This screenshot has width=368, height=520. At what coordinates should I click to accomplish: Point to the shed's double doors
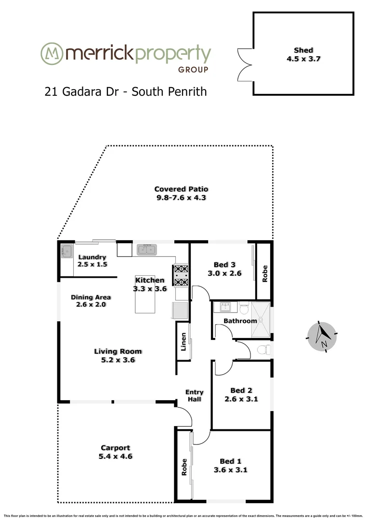pos(245,65)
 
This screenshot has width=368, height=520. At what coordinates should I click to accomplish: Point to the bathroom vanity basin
pos(225,307)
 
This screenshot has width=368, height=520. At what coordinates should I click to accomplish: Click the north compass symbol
pos(321,336)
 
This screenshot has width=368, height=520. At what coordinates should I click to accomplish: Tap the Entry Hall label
pos(195,396)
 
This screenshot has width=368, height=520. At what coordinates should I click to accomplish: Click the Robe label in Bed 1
pos(184,467)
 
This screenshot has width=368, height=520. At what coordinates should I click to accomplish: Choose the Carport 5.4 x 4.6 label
pos(116,452)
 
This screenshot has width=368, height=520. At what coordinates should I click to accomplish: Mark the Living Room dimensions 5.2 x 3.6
pos(118,360)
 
